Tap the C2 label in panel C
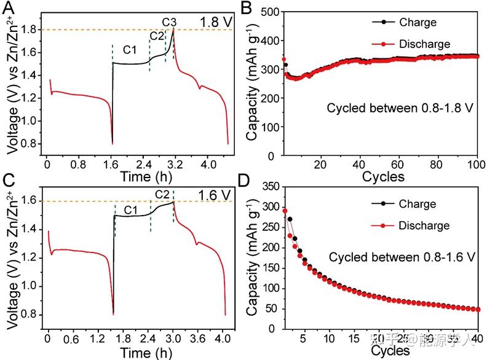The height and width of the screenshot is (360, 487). [160, 195]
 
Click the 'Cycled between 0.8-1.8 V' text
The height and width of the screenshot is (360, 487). [400, 108]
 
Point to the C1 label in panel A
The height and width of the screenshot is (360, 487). [129, 49]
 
